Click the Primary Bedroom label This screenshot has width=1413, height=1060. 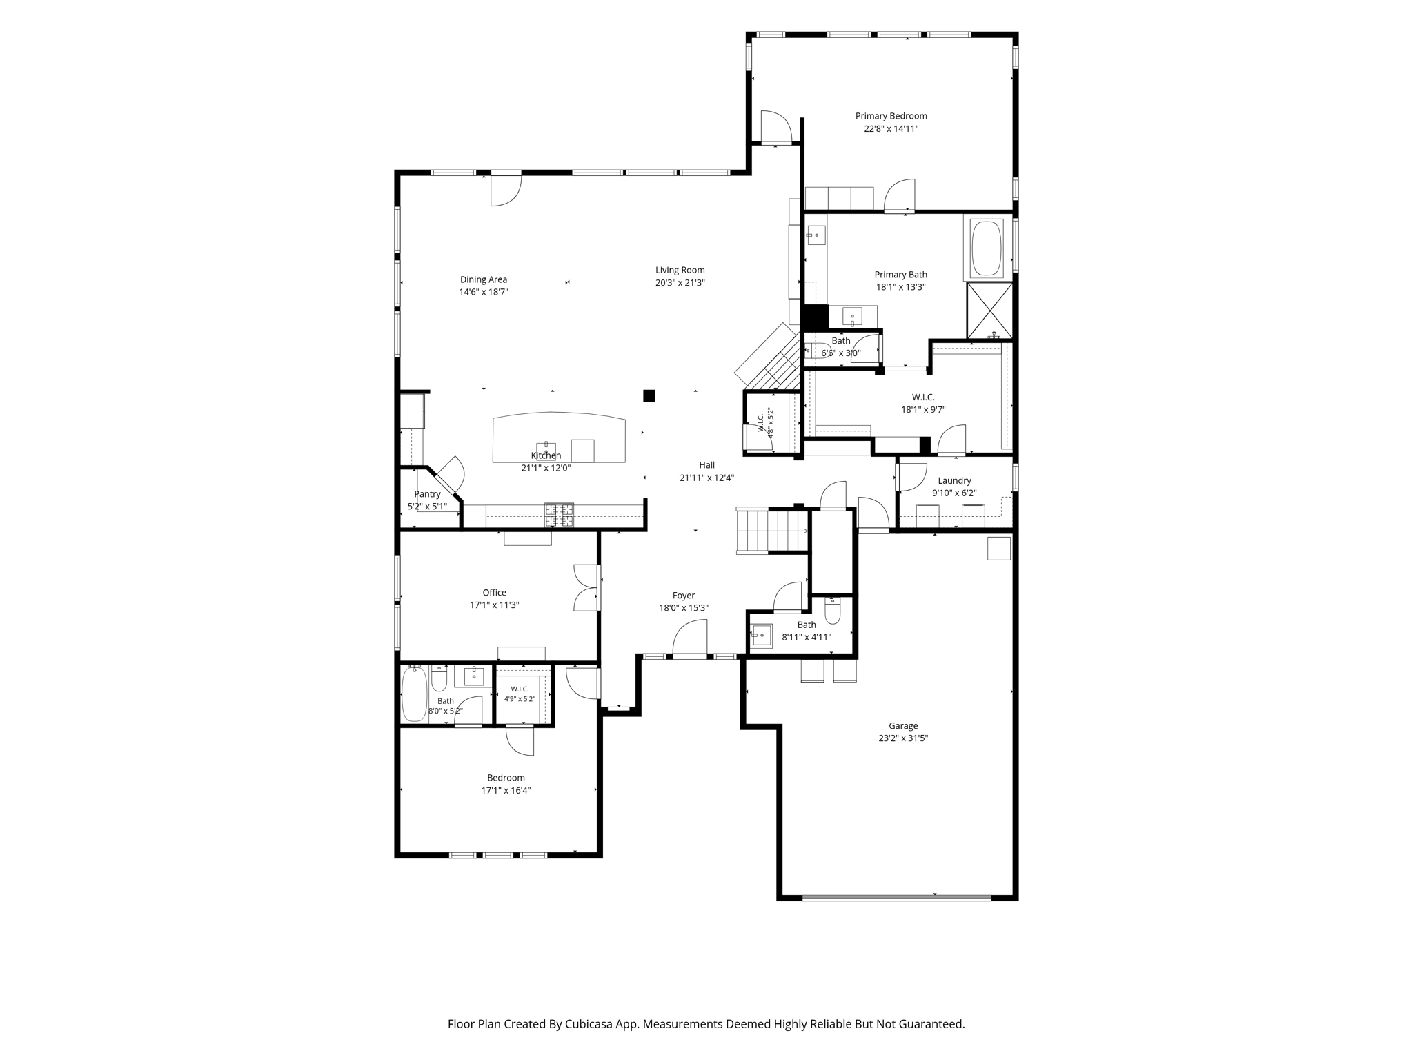891,116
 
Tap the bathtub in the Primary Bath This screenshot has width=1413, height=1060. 987,248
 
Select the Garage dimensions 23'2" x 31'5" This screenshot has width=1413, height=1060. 903,738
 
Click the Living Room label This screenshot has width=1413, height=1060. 680,270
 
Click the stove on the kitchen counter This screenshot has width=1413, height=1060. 560,515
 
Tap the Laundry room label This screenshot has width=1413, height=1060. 954,480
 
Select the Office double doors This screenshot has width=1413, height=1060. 586,588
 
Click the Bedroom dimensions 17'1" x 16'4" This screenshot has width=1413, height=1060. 506,790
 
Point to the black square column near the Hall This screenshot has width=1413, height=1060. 649,395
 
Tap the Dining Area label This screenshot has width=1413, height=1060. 484,279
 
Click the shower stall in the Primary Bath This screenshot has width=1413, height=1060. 989,311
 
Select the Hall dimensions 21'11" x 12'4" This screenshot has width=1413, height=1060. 706,478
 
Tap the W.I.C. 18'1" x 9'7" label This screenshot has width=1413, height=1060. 923,397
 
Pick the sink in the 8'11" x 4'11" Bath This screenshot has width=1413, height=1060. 762,636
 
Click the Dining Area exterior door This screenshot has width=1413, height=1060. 506,190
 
